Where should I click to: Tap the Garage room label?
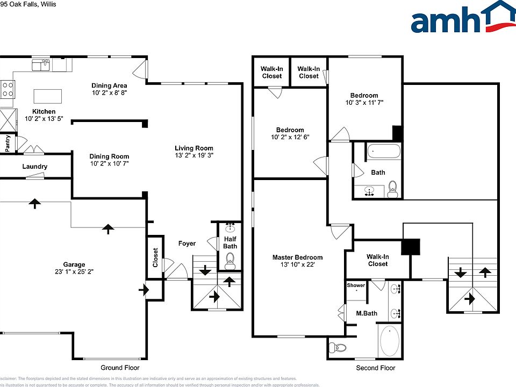click(74, 264)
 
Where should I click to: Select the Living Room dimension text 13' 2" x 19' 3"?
click(194, 156)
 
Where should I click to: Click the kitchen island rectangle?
click(48, 96)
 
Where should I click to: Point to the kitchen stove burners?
click(8, 89)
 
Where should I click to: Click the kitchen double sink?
click(41, 66)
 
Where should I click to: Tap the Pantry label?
click(8, 144)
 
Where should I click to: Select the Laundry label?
click(34, 167)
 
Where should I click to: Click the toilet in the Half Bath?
click(230, 263)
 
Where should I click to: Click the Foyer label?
click(187, 243)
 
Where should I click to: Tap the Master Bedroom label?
click(297, 257)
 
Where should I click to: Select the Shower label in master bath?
click(355, 285)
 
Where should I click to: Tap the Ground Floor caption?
click(120, 368)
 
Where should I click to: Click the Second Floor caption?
click(375, 368)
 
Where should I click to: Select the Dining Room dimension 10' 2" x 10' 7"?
click(109, 163)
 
